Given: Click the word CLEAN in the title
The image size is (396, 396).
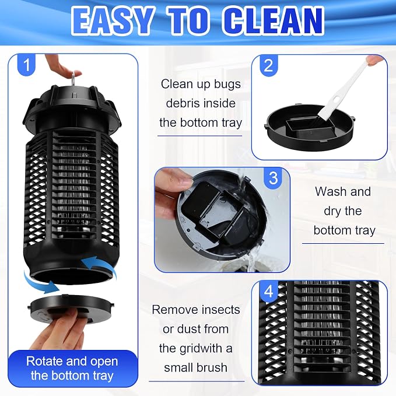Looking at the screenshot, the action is point(273,21).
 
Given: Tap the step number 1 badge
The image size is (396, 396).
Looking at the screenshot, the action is point(26,65).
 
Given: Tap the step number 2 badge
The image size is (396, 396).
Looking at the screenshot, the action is point(268,66).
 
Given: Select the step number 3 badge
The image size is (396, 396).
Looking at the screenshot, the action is point(274,178).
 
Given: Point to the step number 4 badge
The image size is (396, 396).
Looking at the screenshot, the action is point(268,291).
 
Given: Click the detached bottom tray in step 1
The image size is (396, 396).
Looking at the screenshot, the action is point(70,309).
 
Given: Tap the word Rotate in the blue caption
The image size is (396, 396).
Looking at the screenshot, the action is point(44,361).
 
